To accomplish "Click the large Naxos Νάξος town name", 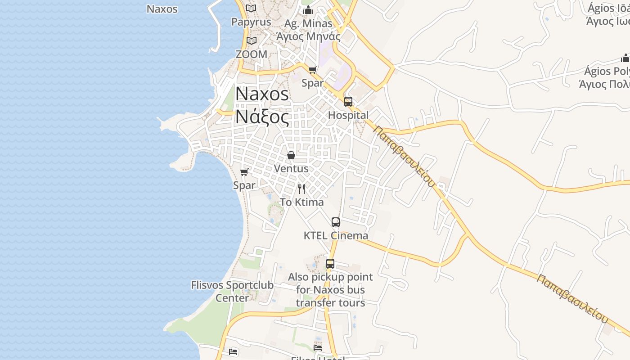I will coord(262,105).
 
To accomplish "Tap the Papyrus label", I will coord(251,22).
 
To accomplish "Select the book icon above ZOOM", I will coord(251,41).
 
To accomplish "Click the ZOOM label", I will coord(252,54).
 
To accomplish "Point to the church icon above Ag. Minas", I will coord(308,10).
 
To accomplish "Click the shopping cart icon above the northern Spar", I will coord(313,70).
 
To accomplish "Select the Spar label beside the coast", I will coord(244,185).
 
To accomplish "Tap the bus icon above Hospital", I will coord(348,102).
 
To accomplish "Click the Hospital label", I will coord(348,115).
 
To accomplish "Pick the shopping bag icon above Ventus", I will coord(291,155).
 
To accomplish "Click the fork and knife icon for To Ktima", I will coord(301,189).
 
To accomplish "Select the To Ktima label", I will coord(301,202).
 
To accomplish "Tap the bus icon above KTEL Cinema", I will coord(336,222).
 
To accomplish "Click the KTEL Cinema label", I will coord(336,235).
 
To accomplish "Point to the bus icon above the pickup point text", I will coord(330,264).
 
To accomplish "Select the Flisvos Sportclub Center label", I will coord(232,291).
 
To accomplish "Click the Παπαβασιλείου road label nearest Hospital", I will coord(405,156).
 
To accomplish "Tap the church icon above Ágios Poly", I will coord(625,58).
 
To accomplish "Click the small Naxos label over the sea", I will coord(162,9).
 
